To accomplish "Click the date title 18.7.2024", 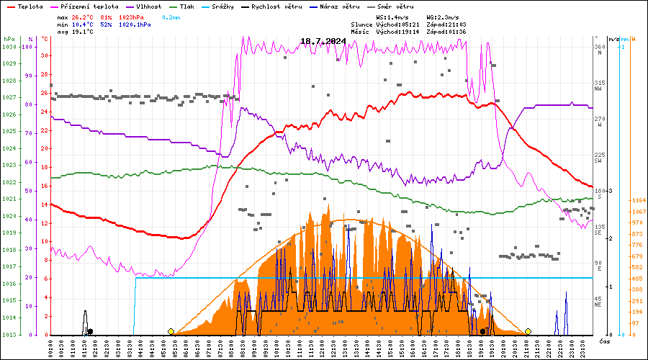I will click(323, 41).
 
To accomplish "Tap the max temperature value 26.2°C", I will click(84, 16).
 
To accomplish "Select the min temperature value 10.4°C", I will click(84, 24).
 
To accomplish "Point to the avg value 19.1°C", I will click(84, 32).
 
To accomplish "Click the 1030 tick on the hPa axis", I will click(9, 47).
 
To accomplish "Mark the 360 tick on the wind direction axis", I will click(599, 47).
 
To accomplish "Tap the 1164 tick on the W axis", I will click(636, 200).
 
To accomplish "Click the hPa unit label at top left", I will click(9, 38).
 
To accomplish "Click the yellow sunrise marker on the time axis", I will click(171, 331).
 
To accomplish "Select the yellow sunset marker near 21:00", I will click(528, 331).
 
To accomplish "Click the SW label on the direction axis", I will click(598, 161).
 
